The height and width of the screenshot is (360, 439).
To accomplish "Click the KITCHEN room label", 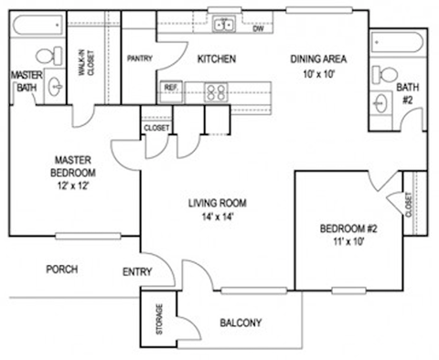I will (x=218, y=59).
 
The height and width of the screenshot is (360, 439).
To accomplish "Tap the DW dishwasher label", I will (x=259, y=28).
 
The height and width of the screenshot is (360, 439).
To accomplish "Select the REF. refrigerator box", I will (x=170, y=88).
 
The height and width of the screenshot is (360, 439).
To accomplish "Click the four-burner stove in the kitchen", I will (x=217, y=90).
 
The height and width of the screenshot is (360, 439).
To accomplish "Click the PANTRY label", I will (x=138, y=59).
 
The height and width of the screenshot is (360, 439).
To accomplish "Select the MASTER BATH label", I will (x=22, y=80).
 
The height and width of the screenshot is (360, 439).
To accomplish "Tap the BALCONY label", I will (x=241, y=323).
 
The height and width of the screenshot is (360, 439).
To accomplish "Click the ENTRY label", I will (x=137, y=270).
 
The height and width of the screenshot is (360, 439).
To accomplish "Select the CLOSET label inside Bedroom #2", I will (x=406, y=211).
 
